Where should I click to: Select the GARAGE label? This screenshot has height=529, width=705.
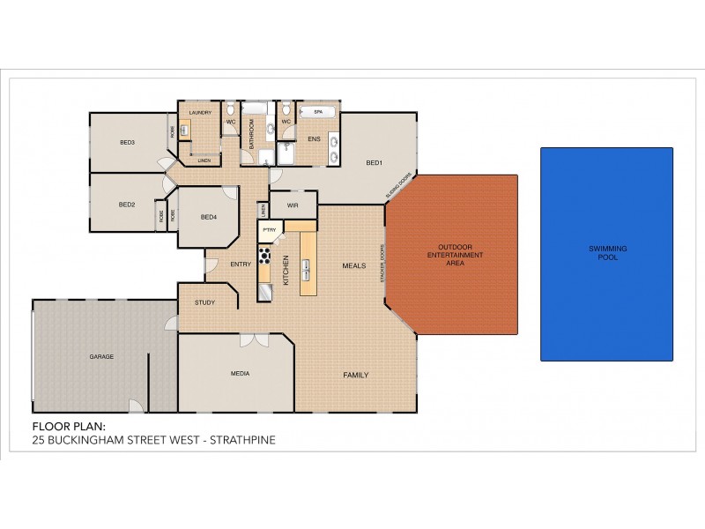pyautogui.click(x=101, y=356)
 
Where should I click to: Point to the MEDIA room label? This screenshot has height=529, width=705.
pyautogui.click(x=240, y=373)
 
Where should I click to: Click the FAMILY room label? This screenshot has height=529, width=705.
pyautogui.click(x=355, y=375)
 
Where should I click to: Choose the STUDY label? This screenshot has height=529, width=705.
pyautogui.click(x=204, y=302)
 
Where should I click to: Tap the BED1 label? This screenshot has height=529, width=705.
pyautogui.click(x=375, y=162)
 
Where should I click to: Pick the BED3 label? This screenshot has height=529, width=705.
pyautogui.click(x=127, y=143)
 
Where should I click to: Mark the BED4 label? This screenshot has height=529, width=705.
pyautogui.click(x=209, y=217)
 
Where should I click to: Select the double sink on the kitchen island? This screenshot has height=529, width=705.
pyautogui.click(x=308, y=266)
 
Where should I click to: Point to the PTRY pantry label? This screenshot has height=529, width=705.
pyautogui.click(x=270, y=230)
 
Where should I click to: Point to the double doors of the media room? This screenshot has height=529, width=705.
pyautogui.click(x=254, y=339)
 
